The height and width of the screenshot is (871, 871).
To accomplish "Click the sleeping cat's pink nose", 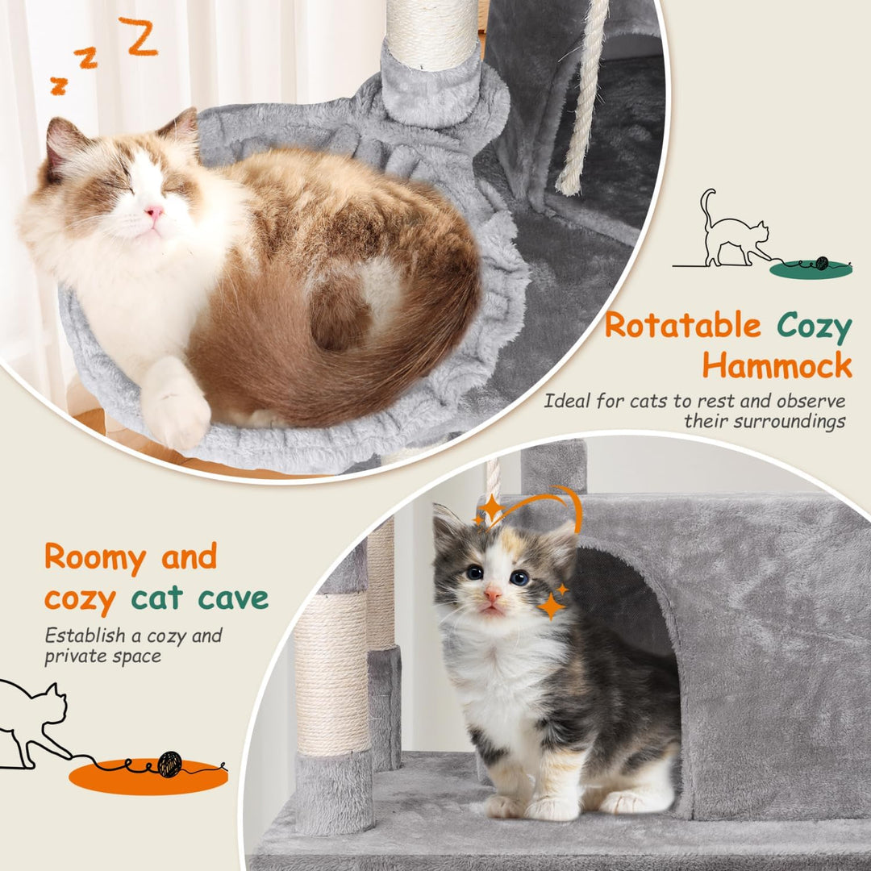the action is tap(154, 212).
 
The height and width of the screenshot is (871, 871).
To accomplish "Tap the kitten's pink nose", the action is tap(492, 595).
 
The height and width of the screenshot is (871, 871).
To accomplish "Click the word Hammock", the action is tap(777, 365).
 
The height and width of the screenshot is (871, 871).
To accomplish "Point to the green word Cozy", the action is tap(815, 327).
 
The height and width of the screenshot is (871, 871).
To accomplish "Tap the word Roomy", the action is tap(95, 558).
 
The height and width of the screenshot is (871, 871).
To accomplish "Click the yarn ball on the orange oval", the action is tap(169, 764).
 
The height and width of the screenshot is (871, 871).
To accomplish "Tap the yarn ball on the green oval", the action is tap(822, 263).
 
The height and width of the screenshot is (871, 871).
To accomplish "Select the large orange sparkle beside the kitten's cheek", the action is tap(552, 606).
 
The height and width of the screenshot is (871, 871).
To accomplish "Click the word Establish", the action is tap(85, 636).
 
